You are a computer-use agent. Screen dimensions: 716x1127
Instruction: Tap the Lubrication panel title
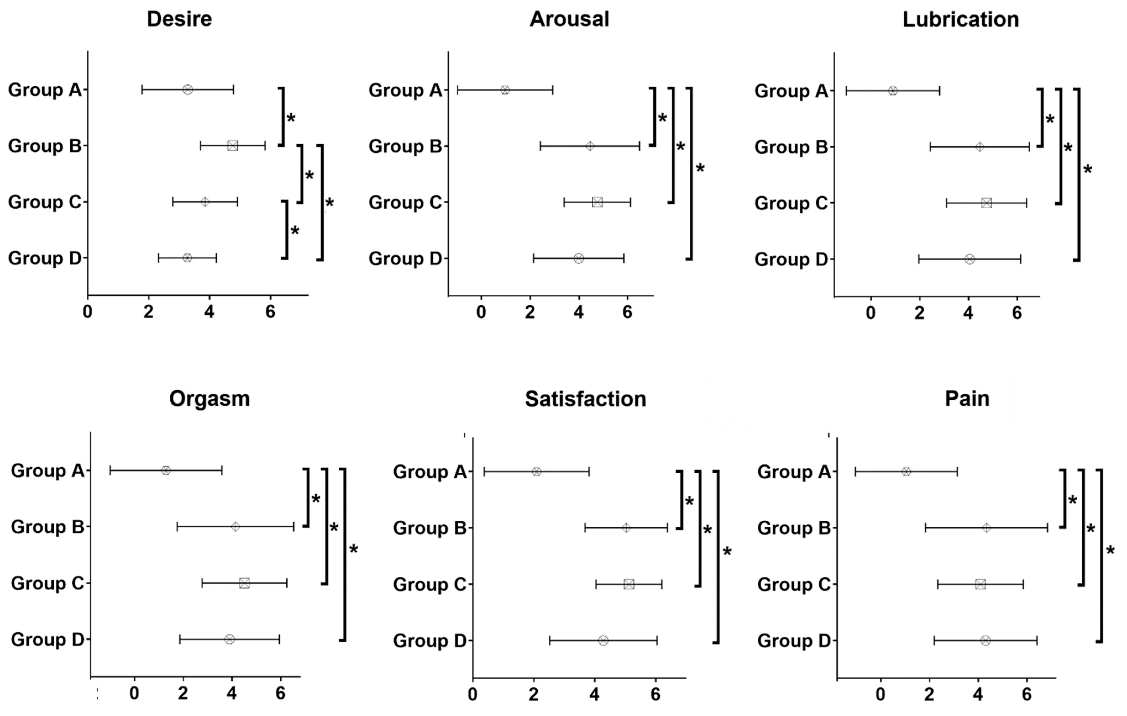pos(960,20)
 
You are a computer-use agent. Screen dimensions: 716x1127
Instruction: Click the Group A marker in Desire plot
pos(188,89)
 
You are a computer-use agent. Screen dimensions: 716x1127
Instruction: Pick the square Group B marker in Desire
pos(233,146)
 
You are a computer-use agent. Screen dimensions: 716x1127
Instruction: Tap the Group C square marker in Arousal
pos(597,202)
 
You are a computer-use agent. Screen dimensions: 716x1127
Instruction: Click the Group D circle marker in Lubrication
pos(969,259)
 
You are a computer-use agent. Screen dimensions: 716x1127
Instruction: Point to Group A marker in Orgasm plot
pos(166,470)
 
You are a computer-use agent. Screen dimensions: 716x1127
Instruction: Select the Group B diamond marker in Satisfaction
pos(626,528)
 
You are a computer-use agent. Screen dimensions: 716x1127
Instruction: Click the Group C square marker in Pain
pos(980,584)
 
